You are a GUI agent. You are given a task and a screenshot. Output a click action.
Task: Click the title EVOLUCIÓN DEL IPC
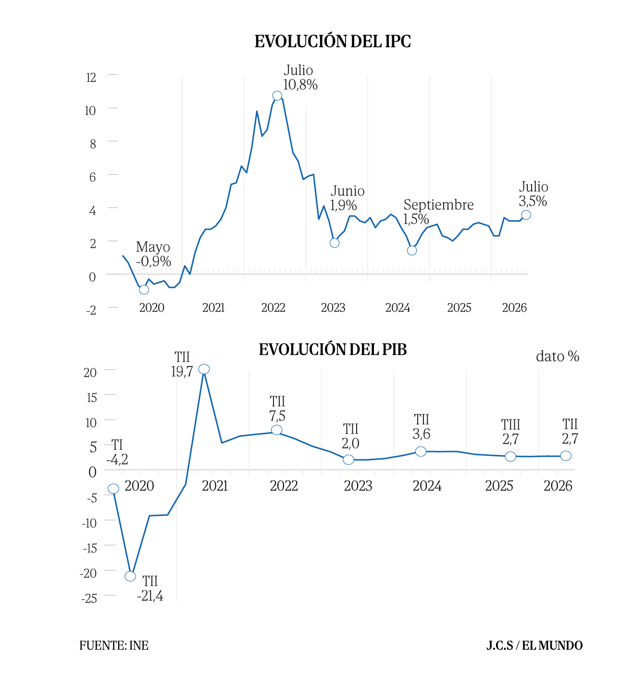pos(332,41)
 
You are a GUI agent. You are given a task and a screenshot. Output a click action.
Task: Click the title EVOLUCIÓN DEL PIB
pos(333,349)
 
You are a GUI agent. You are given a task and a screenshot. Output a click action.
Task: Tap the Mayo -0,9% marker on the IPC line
pos(144,289)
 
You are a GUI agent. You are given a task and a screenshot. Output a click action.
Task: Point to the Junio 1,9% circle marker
pos(335,243)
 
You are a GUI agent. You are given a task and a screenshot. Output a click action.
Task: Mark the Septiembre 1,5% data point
pos(412,251)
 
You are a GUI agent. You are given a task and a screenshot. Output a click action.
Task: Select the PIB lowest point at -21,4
pos(130,576)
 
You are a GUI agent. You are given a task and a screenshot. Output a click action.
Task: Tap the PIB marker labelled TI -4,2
pos(113,489)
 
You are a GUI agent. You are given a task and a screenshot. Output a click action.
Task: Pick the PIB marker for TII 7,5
pos(277,430)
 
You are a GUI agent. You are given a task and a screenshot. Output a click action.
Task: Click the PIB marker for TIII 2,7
pos(510,456)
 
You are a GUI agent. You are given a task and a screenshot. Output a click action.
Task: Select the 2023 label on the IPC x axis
pos(333,307)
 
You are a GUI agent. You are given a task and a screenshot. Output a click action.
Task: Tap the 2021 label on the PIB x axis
pos(215,486)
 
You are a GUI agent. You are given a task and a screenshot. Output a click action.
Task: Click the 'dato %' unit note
pos(558,356)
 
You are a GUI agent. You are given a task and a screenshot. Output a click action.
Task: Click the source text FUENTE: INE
pos(114,645)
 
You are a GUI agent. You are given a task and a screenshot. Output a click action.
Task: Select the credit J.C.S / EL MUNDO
pos(534,645)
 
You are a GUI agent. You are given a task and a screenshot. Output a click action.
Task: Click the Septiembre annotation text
pos(438,204)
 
